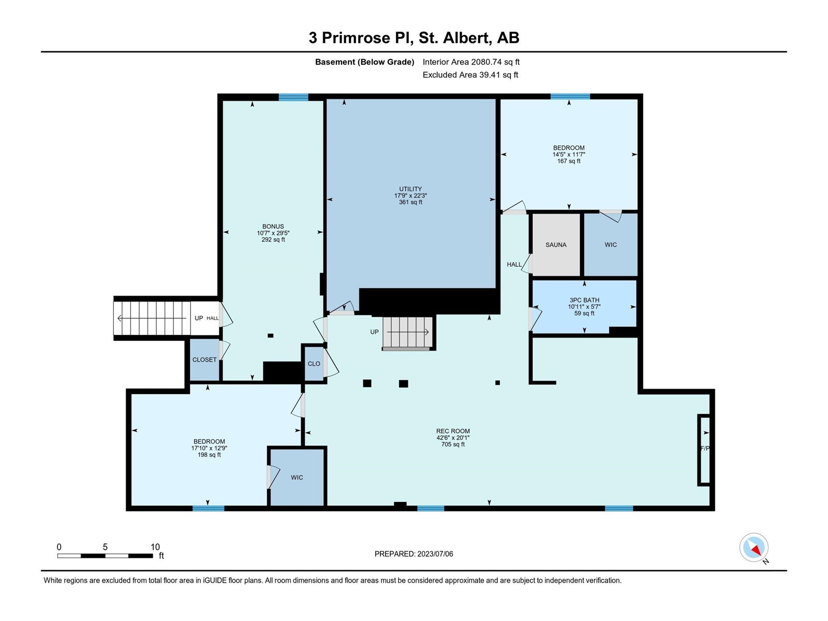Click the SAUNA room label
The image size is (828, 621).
[x=556, y=245]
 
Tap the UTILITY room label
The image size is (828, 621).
[x=410, y=189]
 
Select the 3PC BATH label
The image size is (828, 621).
[x=584, y=300]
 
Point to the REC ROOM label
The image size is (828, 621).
[x=453, y=431]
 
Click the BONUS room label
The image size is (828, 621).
[x=273, y=227]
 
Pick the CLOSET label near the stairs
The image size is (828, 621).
[x=204, y=360]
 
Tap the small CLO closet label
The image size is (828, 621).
[x=314, y=364]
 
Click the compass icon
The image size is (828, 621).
[x=753, y=547]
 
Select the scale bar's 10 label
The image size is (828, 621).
[x=155, y=546]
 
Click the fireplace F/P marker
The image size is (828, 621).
[x=705, y=448]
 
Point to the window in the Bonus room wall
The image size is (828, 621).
[x=293, y=97]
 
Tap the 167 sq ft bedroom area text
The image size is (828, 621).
[x=569, y=161]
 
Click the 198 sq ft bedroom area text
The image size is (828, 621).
[x=209, y=455]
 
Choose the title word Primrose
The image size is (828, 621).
[x=366, y=38]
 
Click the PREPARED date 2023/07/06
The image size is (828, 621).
[x=435, y=554]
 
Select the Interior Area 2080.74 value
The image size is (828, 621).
[x=486, y=62]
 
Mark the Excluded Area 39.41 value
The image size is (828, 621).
[x=489, y=75]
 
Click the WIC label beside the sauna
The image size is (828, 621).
[x=611, y=245]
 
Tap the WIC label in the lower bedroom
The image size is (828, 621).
[x=297, y=478]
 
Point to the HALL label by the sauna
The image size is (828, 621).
[x=514, y=264]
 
